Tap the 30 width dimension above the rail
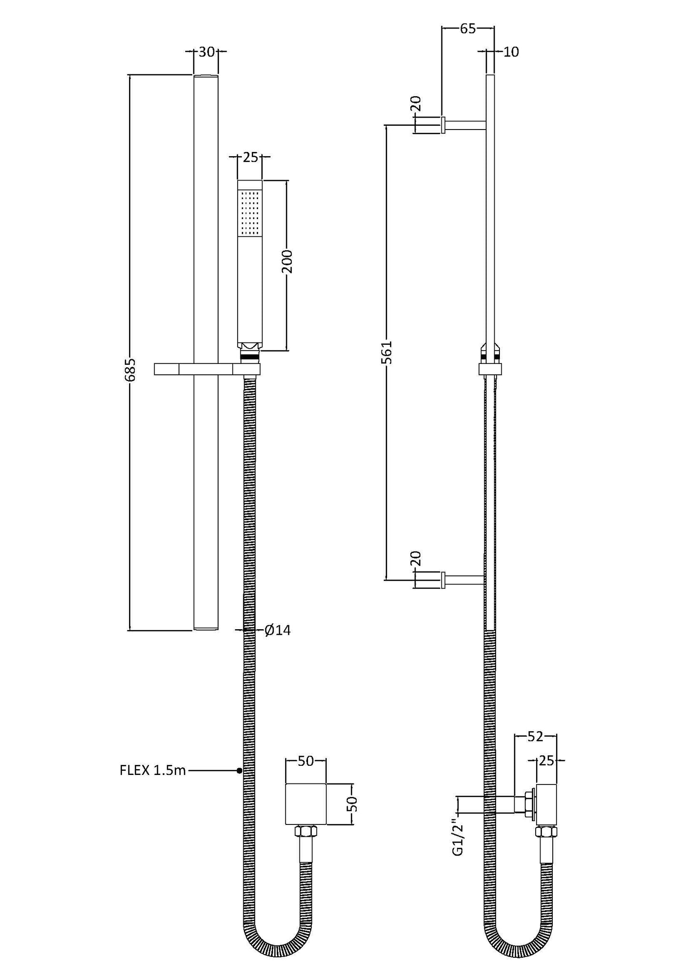point(206,52)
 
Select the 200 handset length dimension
point(287,261)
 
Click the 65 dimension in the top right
point(468,29)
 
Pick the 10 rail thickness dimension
point(510,52)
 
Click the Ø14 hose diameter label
point(278,630)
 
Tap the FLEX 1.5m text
point(153,770)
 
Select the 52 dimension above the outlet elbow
point(535,736)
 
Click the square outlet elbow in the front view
point(306,803)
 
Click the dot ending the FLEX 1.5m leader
point(239,770)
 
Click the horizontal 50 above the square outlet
point(306,761)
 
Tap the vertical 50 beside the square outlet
point(352,804)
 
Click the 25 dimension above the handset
point(249,157)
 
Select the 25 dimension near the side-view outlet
point(547,761)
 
